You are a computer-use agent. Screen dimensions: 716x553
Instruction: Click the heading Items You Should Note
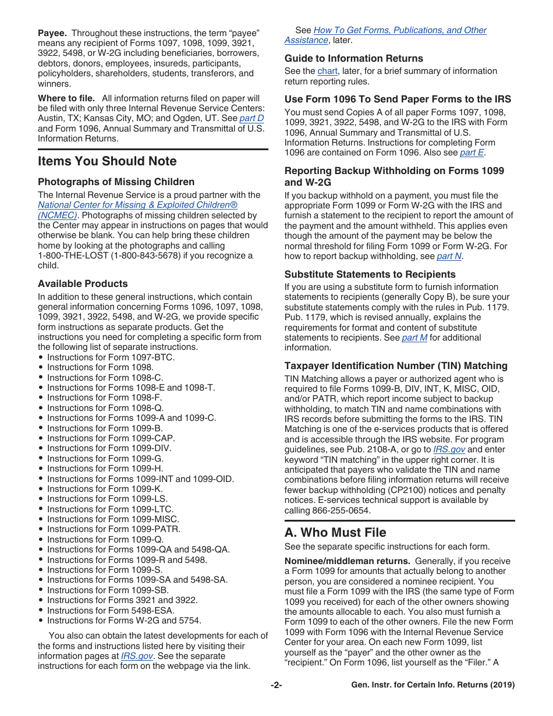pyautogui.click(x=107, y=161)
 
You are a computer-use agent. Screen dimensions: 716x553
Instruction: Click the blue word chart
pyautogui.click(x=327, y=71)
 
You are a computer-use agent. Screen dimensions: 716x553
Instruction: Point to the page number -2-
pyautogui.click(x=276, y=685)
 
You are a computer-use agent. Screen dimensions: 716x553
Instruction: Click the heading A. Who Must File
pyautogui.click(x=335, y=533)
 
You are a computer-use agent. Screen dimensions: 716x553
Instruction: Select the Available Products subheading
pyautogui.click(x=83, y=284)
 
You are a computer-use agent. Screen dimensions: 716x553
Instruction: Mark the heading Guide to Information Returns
pyautogui.click(x=353, y=58)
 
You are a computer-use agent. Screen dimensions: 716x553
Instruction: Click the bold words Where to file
pyautogui.click(x=67, y=98)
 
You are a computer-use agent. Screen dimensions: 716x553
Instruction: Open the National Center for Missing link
pyautogui.click(x=137, y=205)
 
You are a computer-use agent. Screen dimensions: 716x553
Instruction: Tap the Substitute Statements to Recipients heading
pyautogui.click(x=370, y=274)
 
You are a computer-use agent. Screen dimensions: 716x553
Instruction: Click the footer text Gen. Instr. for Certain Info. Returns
pyautogui.click(x=433, y=685)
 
